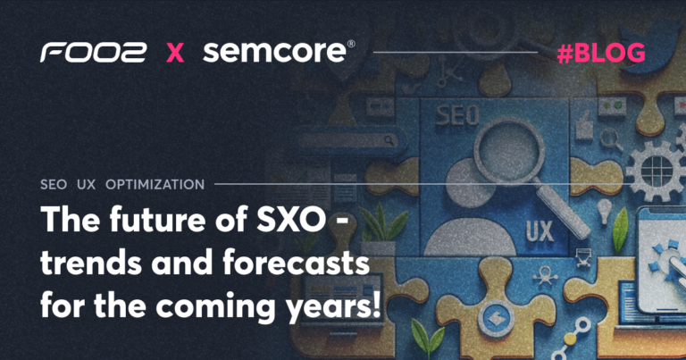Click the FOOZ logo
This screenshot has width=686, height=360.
tap(93, 53)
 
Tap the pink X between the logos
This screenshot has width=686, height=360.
tap(175, 53)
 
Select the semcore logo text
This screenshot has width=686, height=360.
tap(275, 52)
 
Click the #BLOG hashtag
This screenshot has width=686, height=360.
tap(601, 54)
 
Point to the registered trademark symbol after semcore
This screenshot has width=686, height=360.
tap(351, 44)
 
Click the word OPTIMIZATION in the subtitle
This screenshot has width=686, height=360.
tap(155, 185)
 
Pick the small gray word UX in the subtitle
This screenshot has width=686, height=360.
tap(86, 185)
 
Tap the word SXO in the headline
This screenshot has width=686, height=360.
tap(291, 219)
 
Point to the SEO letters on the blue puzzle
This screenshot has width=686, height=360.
tap(457, 115)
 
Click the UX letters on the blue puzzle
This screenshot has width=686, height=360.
tap(540, 231)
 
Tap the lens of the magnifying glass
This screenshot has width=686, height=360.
tap(508, 152)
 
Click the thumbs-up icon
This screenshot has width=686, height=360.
tap(583, 127)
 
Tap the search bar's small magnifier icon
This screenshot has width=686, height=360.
tap(389, 140)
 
